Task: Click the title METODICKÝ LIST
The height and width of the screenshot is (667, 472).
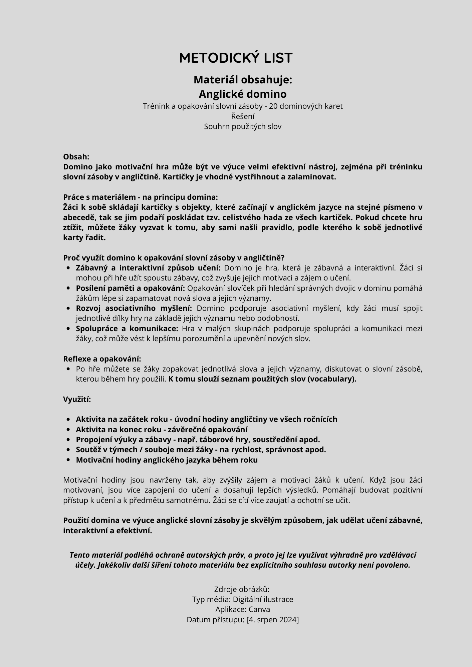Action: [x=236, y=58]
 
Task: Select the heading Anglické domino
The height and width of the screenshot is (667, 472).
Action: [x=243, y=94]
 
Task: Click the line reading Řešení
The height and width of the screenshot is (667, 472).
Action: [x=243, y=116]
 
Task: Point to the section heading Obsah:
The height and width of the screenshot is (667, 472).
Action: [x=76, y=157]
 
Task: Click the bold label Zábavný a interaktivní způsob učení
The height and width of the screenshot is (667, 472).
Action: [x=148, y=268]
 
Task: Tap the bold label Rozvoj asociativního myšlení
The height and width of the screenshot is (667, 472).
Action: [x=134, y=308]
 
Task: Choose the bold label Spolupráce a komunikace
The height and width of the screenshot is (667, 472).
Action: [x=127, y=329]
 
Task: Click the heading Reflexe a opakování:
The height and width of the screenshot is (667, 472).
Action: [x=102, y=359]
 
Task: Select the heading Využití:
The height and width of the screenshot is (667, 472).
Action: [x=77, y=399]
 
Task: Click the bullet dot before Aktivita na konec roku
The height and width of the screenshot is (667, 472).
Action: [x=68, y=430]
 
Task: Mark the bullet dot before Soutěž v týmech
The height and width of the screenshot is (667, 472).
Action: [x=68, y=450]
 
